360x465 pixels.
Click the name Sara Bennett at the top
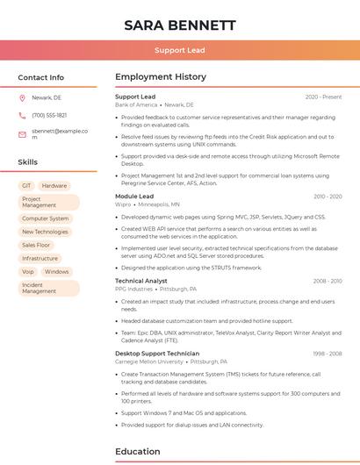[179, 25]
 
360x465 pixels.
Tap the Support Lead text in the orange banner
[179, 50]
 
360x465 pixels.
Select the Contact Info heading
[41, 77]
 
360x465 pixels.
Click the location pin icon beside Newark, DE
[22, 97]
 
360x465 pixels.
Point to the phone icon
[22, 115]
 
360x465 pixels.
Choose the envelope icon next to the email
[22, 133]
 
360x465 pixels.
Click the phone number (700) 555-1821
[49, 115]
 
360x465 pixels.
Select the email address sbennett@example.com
[60, 133]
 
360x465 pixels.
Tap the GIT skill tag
[26, 186]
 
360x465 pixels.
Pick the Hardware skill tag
[54, 186]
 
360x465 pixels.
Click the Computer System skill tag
[45, 218]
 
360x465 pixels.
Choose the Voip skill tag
[28, 272]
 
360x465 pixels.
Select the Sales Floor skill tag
[36, 245]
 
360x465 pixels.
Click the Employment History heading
[160, 77]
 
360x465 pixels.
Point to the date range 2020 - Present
[323, 97]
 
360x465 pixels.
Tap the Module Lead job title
[134, 197]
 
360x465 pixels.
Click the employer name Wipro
[123, 204]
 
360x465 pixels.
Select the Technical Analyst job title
[140, 281]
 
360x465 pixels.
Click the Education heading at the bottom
[139, 452]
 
